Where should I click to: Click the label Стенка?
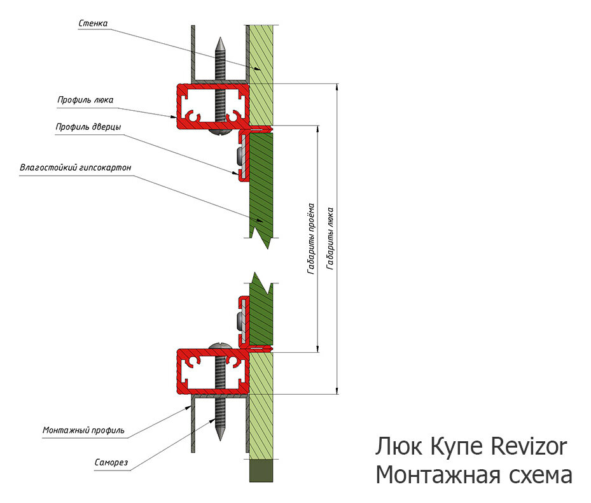tap(94, 24)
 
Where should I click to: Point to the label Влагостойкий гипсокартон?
tap(76, 168)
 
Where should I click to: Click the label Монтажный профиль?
tap(83, 430)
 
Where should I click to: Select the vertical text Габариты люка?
tap(330, 237)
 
